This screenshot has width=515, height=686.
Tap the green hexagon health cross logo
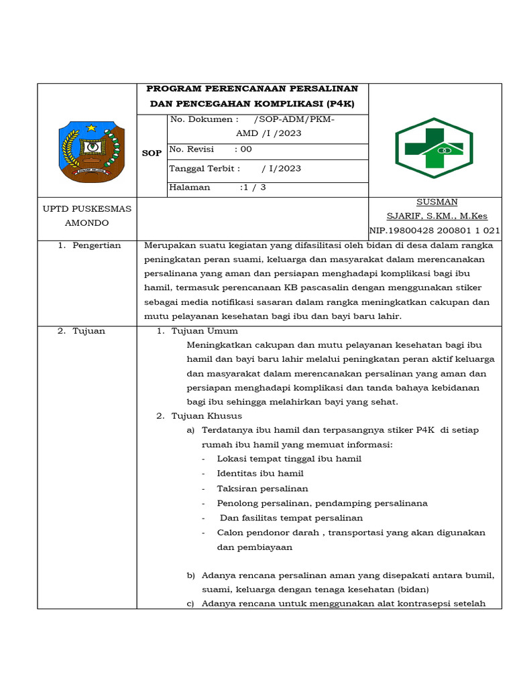pyautogui.click(x=434, y=148)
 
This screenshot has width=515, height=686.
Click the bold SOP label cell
pyautogui.click(x=152, y=153)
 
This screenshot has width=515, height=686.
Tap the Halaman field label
pyautogui.click(x=190, y=188)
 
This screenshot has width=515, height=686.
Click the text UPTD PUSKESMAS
pyautogui.click(x=87, y=208)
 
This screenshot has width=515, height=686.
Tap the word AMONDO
pyautogui.click(x=87, y=222)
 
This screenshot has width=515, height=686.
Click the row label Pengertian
pyautogui.click(x=97, y=245)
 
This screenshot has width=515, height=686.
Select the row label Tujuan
pyautogui.click(x=89, y=331)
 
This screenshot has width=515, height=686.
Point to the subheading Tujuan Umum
pyautogui.click(x=205, y=331)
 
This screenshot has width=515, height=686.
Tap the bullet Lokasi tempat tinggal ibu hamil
pyautogui.click(x=289, y=459)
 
